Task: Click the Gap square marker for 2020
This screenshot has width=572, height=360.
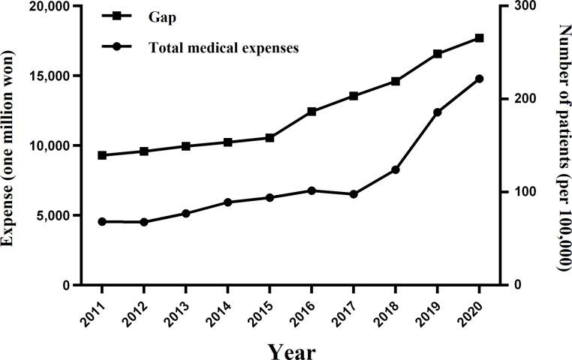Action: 479,37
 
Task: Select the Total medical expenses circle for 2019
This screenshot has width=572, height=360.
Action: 437,112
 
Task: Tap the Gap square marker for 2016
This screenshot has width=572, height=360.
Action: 312,111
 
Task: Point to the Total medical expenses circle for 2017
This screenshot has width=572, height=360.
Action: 353,194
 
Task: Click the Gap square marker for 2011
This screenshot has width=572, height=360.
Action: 102,155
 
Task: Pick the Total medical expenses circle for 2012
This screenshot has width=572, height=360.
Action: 144,222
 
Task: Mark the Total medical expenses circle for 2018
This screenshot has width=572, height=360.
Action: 395,169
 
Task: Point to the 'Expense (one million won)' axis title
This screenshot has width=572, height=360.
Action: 11,146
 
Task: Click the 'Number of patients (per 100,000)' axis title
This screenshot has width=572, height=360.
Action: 562,146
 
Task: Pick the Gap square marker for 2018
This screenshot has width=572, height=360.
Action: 395,81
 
